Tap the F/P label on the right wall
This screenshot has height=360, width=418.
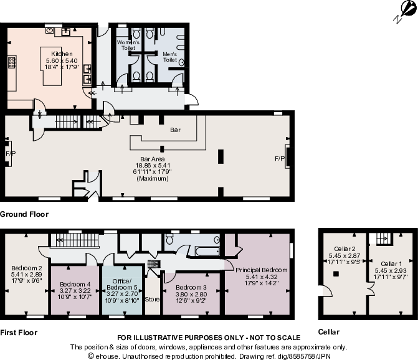pyautogui.click(x=280, y=159)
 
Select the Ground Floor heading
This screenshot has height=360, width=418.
pyautogui.click(x=24, y=214)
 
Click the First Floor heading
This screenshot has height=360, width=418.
pyautogui.click(x=19, y=333)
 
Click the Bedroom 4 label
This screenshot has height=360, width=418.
pyautogui.click(x=75, y=291)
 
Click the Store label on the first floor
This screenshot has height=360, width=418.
pyautogui.click(x=152, y=300)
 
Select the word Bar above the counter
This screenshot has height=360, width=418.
pyautogui.click(x=175, y=131)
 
